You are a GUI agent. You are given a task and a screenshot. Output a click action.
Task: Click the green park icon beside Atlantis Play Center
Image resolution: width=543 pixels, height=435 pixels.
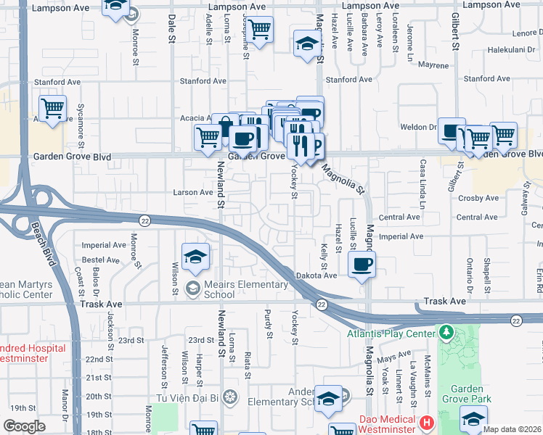pos(446,333)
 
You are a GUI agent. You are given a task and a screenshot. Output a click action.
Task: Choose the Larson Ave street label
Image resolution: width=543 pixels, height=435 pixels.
pos(192,193)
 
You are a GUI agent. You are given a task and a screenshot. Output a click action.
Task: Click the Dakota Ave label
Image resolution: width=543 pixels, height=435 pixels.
pos(317,276)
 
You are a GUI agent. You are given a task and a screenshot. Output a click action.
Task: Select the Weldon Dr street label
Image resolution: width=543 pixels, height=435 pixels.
pos(417,128)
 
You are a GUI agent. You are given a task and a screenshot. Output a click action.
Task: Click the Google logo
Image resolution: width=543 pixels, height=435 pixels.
pos(24,426)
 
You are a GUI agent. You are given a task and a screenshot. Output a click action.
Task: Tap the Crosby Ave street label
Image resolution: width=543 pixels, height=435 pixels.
pos(483,198)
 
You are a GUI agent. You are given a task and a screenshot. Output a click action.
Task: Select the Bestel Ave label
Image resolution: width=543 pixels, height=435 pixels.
pos(101,259)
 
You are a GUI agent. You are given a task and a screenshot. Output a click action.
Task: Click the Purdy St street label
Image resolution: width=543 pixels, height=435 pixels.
pos(269,326)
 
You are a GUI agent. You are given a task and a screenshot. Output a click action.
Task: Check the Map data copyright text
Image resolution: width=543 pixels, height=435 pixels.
pos(512,429)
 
